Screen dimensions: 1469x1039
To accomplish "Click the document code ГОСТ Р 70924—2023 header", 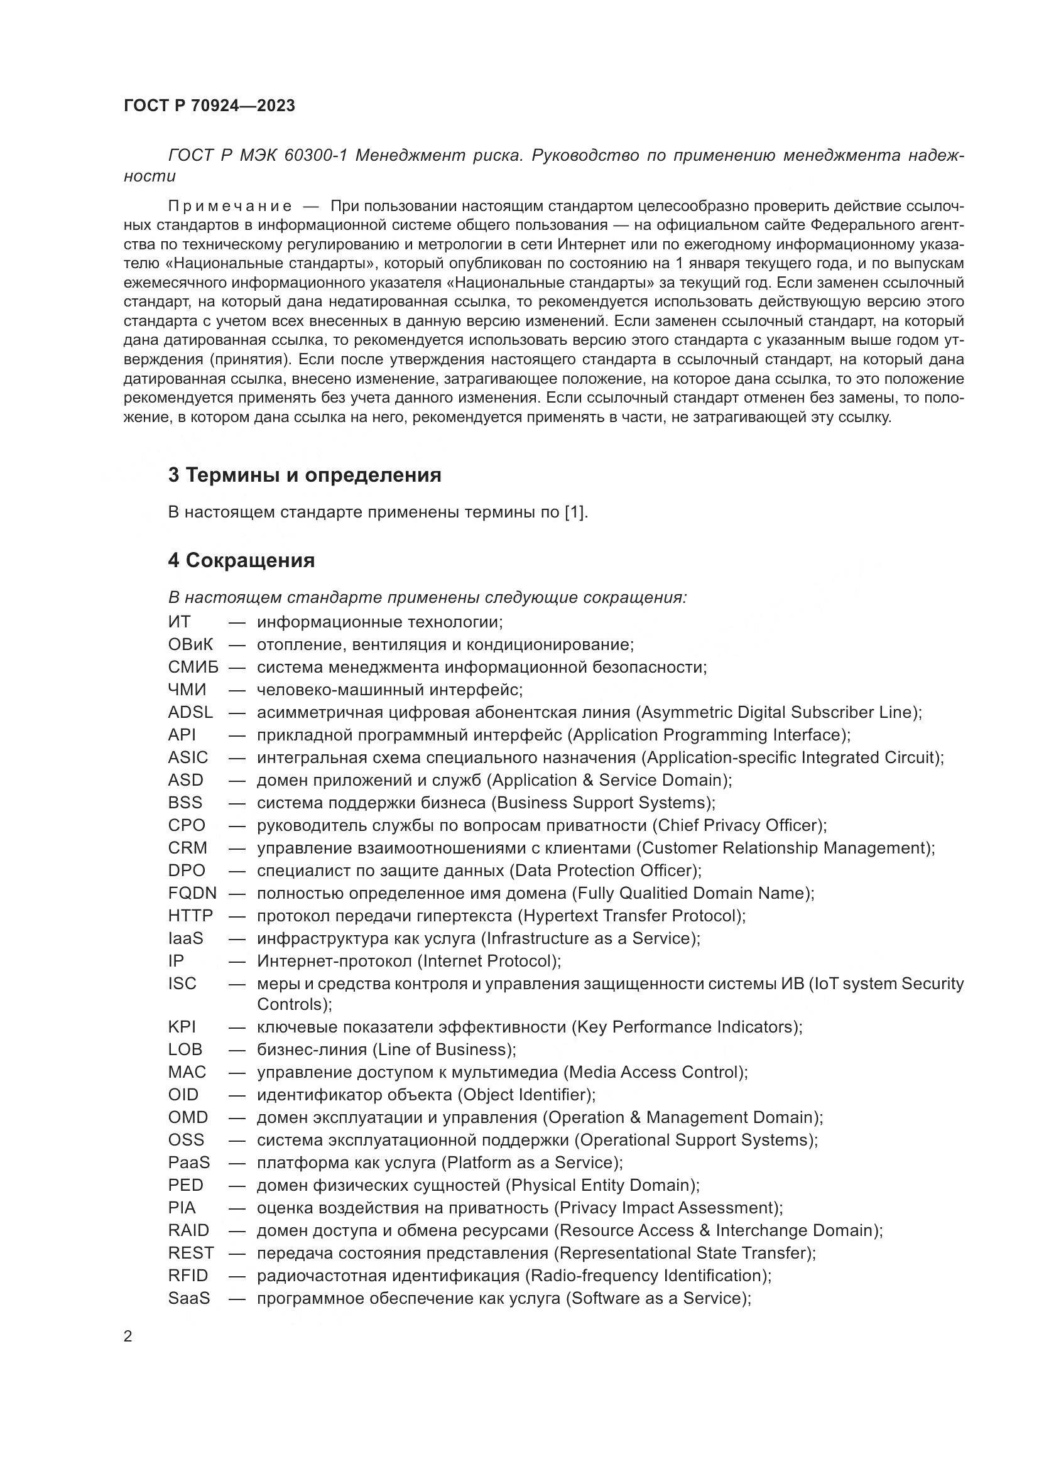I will [209, 106].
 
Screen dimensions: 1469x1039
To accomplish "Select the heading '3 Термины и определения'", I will [305, 475].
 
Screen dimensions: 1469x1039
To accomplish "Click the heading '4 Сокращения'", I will [241, 560].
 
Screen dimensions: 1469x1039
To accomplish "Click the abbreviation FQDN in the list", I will [193, 892].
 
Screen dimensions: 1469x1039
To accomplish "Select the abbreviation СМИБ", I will [193, 667].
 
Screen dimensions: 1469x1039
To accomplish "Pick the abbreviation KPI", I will [182, 1026].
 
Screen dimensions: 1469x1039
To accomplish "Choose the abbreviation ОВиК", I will [191, 644].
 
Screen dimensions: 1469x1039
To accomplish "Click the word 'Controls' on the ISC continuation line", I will [291, 1004].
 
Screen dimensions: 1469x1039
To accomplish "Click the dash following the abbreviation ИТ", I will [237, 622].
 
